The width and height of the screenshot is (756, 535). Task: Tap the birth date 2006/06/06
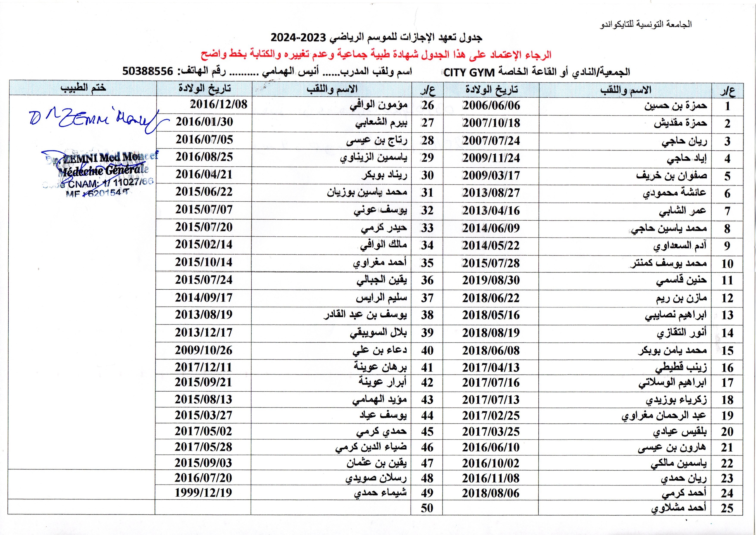[491, 106]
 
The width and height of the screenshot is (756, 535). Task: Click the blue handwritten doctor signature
[96, 120]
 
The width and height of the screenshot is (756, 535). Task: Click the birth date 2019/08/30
[491, 280]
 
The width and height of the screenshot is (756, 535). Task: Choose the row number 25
[727, 508]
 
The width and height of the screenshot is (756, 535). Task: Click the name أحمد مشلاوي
[679, 508]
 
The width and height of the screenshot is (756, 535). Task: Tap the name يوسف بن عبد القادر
[365, 315]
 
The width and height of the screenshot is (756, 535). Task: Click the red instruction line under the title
[376, 54]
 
